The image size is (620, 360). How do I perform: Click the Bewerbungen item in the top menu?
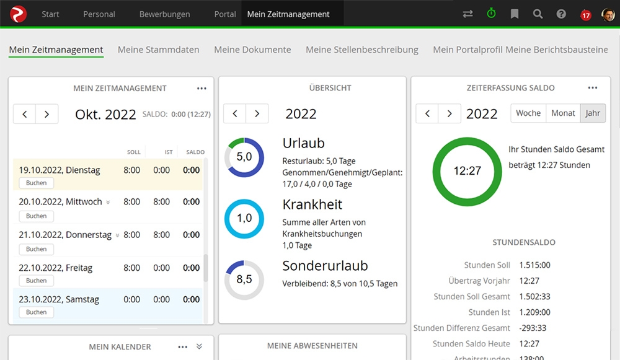point(164,14)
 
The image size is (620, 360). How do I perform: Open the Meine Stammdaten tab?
point(158,50)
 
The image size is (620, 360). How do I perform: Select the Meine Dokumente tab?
point(252,50)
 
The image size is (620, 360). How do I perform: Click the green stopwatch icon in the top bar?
point(491,14)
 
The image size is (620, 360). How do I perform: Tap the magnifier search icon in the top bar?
point(538,14)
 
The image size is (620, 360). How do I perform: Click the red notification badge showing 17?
point(585,15)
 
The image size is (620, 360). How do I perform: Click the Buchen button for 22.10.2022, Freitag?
point(36,281)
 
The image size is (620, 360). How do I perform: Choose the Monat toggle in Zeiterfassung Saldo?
point(563,113)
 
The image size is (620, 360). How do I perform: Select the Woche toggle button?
point(528,113)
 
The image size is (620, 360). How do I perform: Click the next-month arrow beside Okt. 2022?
point(47,114)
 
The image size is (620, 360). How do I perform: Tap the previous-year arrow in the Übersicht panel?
point(234,114)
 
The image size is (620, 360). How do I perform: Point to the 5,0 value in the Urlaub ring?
point(244,157)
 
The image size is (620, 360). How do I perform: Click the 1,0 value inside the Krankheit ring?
point(244,218)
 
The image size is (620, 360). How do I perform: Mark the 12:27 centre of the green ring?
point(467,171)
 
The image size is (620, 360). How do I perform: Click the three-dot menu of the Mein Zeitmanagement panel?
point(201,89)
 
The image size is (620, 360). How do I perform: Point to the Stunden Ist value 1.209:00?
point(535,312)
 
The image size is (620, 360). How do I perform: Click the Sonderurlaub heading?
point(325,266)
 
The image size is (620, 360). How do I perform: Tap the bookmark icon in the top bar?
point(515,14)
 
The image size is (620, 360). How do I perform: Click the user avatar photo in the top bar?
point(608,14)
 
